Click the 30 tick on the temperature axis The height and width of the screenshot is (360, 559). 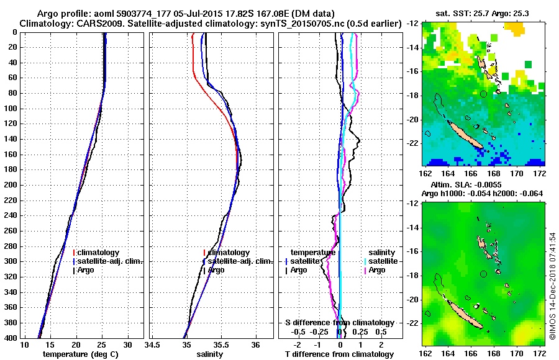[x=128, y=344]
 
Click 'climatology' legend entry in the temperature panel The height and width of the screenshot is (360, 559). [x=98, y=253]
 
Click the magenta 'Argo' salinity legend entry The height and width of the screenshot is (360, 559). [x=377, y=270]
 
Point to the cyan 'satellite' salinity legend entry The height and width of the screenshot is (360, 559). [x=380, y=261]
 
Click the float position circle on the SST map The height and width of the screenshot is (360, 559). [x=483, y=94]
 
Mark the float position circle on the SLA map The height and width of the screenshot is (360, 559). [x=483, y=274]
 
